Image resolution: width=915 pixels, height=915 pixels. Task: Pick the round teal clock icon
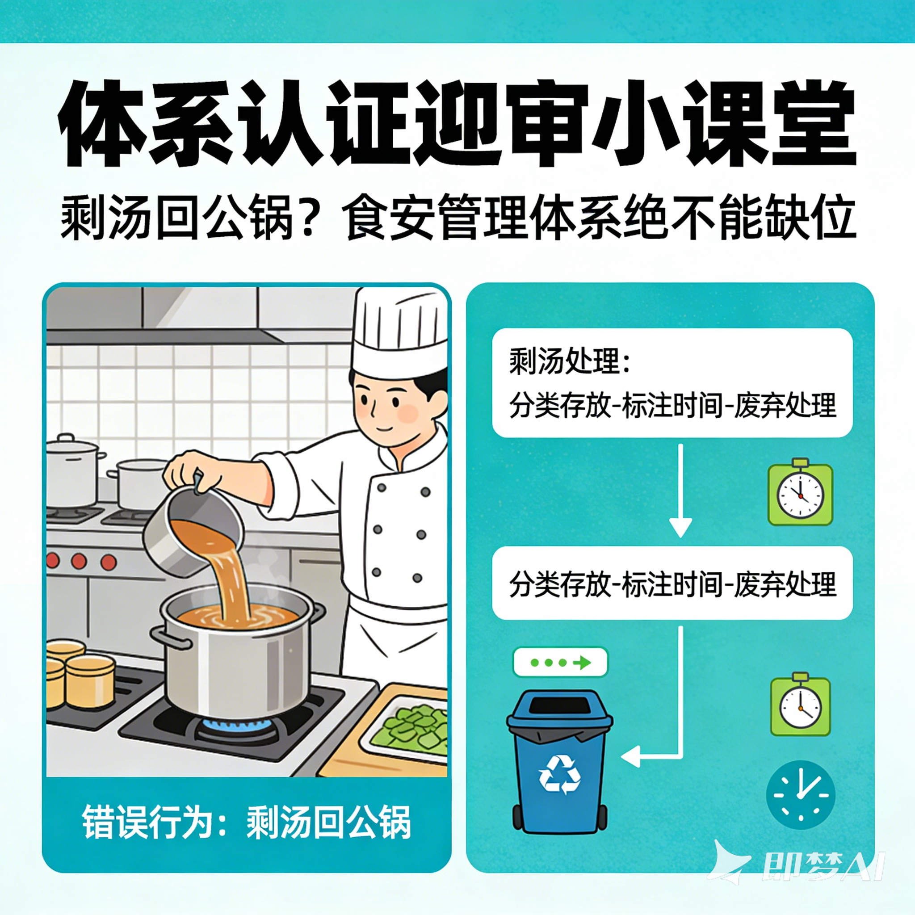click(800, 795)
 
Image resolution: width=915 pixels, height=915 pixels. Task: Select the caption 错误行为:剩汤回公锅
click(246, 822)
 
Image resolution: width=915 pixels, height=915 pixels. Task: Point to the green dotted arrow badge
click(560, 662)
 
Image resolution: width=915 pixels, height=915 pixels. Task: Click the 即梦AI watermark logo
click(800, 866)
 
